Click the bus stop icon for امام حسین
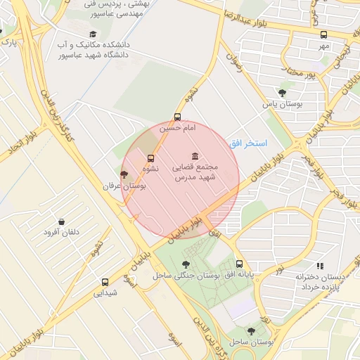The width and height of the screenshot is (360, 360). pos(177,117)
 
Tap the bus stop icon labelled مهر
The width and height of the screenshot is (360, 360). pos(323,34)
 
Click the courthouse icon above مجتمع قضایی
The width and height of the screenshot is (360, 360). pos(194,156)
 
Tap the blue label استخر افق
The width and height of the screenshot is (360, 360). pos(247,143)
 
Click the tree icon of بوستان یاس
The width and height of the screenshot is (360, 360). pos(282,92)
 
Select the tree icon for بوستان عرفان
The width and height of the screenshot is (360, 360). pos(124,174)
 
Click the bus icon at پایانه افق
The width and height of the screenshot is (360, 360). pos(239,264)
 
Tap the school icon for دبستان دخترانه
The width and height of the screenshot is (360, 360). pos(320,266)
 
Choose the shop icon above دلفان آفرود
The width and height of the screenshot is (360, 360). pos(61,221)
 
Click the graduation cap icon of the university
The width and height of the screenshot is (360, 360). pos(92,34)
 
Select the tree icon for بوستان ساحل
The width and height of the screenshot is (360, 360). pos(251,330)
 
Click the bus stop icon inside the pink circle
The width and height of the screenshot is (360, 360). pos(150,158)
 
